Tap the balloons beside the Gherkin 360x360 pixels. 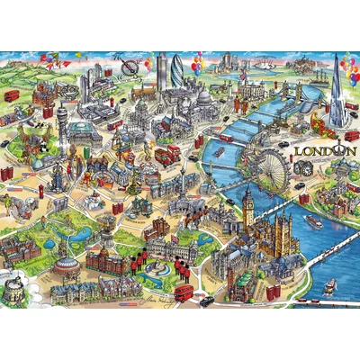(x=197, y=67)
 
